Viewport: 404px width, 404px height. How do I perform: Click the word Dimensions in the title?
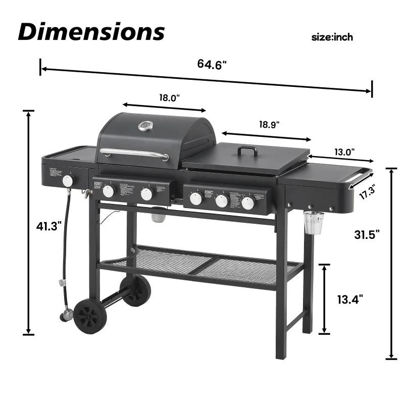[x=91, y=31]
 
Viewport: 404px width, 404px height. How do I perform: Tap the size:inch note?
[x=332, y=37]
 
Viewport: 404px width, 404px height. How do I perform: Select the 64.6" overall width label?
[x=212, y=64]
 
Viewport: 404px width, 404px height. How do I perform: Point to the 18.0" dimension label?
[x=170, y=98]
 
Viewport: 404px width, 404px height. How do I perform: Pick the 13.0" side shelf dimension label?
[x=345, y=151]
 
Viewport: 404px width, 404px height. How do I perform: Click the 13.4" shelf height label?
[x=350, y=299]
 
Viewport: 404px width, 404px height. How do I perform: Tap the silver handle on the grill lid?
[x=134, y=154]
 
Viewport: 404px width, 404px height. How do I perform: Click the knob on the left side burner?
[x=69, y=181]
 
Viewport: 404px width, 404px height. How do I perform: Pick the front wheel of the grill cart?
[x=90, y=316]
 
